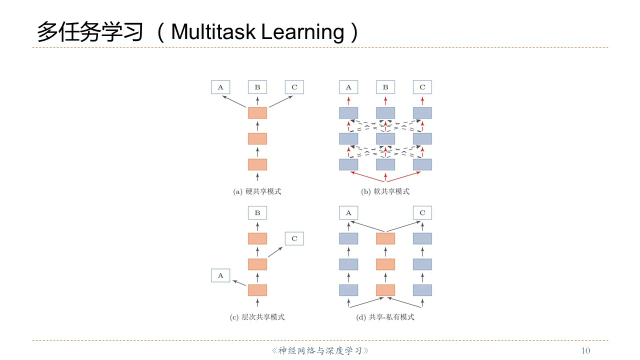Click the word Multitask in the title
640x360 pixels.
pos(213,32)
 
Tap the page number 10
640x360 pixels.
pos(585,350)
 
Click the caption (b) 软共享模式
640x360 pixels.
pos(385,191)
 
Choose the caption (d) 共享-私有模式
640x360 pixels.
pos(385,317)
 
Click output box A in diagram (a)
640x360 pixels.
pos(220,87)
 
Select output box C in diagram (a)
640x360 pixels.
pos(294,87)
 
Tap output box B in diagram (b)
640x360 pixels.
pos(385,87)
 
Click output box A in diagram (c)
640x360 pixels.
pos(220,275)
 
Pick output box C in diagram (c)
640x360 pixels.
pos(294,238)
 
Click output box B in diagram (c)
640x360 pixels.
pos(257,213)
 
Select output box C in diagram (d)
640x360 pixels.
pos(422,213)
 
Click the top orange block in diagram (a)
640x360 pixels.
pos(257,113)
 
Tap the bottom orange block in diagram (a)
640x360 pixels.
pos(257,164)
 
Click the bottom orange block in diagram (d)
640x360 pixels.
pos(385,290)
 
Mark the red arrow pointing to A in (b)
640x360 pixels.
pos(348,100)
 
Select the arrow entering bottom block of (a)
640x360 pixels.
pos(257,176)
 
